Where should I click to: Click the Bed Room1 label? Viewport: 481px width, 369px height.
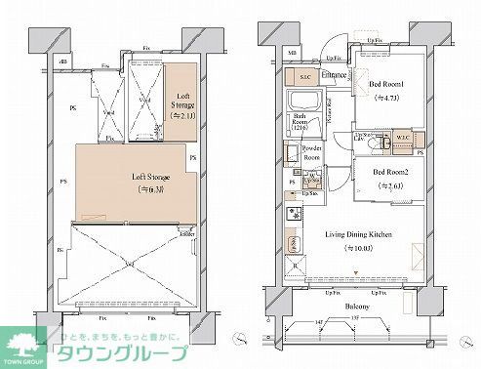pyautogui.click(x=387, y=84)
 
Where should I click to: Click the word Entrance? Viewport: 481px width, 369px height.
pyautogui.click(x=337, y=74)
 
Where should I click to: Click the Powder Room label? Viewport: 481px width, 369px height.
pyautogui.click(x=313, y=152)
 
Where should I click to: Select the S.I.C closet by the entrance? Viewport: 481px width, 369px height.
pyautogui.click(x=304, y=75)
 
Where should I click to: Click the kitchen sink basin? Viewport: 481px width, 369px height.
pyautogui.click(x=292, y=243)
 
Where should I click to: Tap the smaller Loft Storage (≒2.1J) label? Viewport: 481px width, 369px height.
pyautogui.click(x=182, y=101)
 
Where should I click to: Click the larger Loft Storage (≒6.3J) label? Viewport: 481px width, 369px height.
pyautogui.click(x=150, y=183)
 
